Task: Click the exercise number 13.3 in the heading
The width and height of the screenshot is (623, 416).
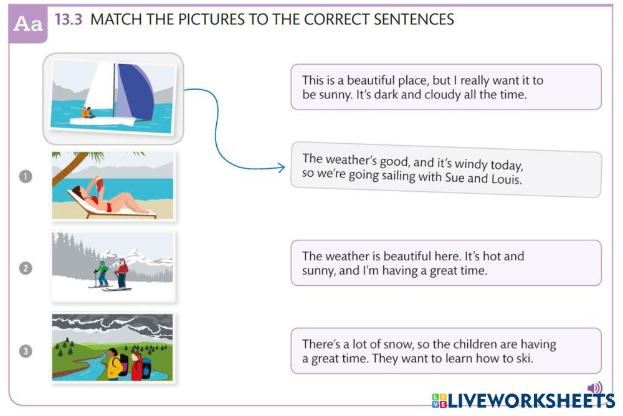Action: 68,19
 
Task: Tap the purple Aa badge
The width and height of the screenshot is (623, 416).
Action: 28,24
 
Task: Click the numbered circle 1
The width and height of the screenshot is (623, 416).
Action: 26,176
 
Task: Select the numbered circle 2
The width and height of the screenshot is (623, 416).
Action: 26,268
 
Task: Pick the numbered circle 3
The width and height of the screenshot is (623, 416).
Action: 26,351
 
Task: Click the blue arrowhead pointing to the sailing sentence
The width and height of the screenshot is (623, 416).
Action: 281,168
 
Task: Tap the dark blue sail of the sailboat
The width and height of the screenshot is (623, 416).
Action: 135,92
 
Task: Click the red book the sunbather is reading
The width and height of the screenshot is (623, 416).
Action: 99,184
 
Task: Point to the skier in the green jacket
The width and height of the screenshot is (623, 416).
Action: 102,273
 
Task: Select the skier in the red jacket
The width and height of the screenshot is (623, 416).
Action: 121,273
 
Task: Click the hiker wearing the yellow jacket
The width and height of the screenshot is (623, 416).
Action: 115,364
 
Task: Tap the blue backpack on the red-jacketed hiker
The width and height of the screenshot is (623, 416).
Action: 146,368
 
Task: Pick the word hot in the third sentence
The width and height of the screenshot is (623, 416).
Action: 492,256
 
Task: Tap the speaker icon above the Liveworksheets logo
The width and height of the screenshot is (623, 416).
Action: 595,388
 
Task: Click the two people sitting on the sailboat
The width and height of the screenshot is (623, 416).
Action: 88,113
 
